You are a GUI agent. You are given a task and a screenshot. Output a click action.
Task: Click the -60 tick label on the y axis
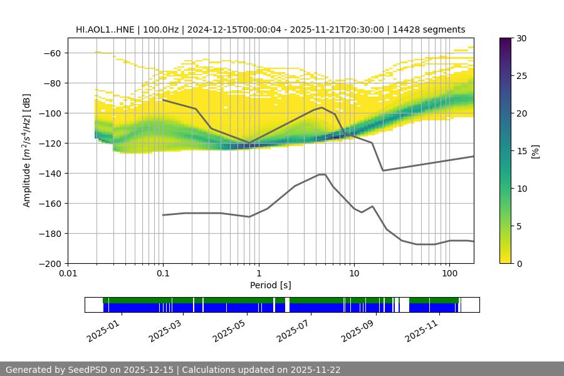coord(51,53)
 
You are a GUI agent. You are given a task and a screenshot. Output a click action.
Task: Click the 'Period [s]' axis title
coord(271,285)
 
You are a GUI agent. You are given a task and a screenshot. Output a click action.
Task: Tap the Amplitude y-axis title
coord(26,150)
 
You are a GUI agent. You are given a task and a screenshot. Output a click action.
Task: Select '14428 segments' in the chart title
coord(433,29)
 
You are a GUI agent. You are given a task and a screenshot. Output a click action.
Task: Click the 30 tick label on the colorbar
coord(521,38)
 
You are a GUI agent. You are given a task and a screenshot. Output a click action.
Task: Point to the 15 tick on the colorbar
coord(521,151)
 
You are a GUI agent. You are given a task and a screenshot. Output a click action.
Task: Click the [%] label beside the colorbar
coord(536,150)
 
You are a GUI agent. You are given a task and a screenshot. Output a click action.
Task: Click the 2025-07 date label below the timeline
coord(292,331)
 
